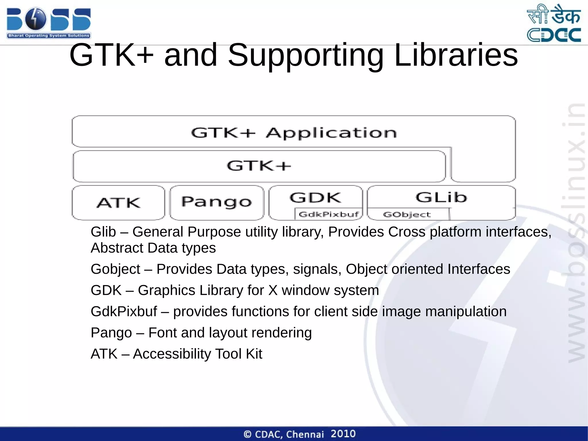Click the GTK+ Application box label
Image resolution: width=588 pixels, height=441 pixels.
click(x=293, y=133)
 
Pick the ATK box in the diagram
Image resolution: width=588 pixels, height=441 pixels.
click(x=118, y=203)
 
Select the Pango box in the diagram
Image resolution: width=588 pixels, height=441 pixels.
click(x=216, y=202)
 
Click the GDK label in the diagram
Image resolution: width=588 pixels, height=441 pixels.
click(x=315, y=198)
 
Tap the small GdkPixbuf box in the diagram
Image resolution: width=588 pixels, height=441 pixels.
click(x=328, y=214)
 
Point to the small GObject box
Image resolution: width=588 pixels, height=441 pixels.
click(x=407, y=215)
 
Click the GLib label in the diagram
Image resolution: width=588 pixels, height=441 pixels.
click(x=441, y=197)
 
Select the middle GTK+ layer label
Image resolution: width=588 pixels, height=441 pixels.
click(x=259, y=166)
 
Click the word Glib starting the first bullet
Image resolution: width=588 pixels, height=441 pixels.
click(x=103, y=232)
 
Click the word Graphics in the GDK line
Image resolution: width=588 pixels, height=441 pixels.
click(x=167, y=290)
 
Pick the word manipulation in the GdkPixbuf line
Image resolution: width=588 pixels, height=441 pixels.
click(x=466, y=312)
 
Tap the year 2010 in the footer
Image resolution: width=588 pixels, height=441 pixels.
click(x=343, y=434)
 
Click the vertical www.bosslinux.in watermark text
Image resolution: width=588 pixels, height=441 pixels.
click(x=577, y=233)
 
